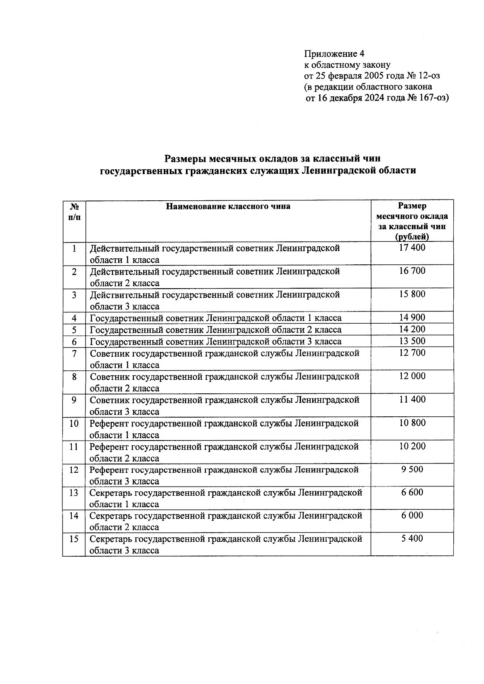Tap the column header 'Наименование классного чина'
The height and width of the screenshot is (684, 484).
[228, 207]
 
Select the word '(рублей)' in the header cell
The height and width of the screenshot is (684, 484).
[412, 237]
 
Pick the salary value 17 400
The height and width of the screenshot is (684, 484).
[412, 248]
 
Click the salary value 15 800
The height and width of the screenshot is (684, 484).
[412, 294]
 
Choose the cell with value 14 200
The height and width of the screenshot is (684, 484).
[412, 329]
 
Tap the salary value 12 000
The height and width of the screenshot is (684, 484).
[412, 376]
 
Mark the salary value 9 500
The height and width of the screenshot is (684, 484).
[412, 470]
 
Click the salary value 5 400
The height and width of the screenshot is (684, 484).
[412, 538]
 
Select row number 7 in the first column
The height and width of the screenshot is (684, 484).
[74, 353]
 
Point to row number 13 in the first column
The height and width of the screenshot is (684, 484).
[74, 493]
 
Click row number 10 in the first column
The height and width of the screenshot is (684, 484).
[74, 423]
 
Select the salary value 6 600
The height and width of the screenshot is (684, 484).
[412, 493]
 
